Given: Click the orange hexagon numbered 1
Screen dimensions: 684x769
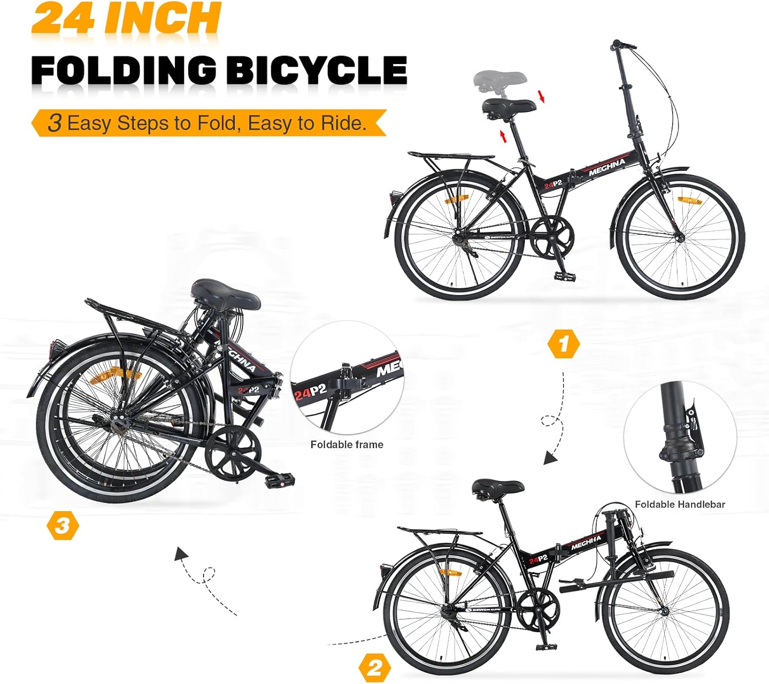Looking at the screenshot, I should tap(563, 344).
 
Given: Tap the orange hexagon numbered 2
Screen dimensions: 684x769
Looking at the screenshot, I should tap(375, 668).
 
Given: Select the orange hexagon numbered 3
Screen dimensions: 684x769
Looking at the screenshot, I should tap(63, 526).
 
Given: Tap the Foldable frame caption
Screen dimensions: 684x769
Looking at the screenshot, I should tap(347, 445).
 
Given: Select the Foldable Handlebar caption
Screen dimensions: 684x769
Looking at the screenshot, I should tap(680, 505).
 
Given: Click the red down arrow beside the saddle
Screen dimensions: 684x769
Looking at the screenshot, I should tap(541, 96).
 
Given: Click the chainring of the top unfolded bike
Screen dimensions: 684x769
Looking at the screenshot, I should tap(552, 236).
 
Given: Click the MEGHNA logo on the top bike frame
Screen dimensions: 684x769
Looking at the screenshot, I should tap(607, 167).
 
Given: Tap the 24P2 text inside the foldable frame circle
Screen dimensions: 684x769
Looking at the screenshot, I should tap(310, 392).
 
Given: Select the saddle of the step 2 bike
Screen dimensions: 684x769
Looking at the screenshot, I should tap(497, 487).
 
